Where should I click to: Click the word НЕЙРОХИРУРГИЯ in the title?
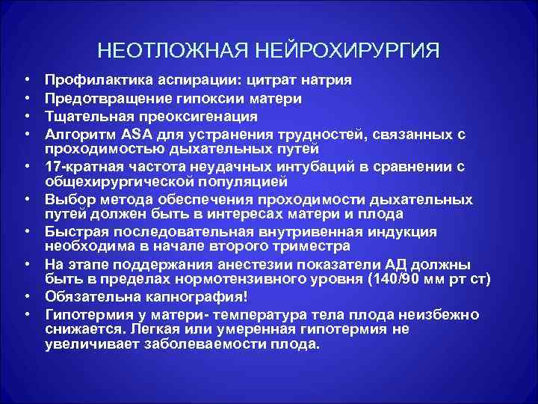click(x=349, y=51)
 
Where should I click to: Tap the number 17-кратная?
click(x=78, y=166)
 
